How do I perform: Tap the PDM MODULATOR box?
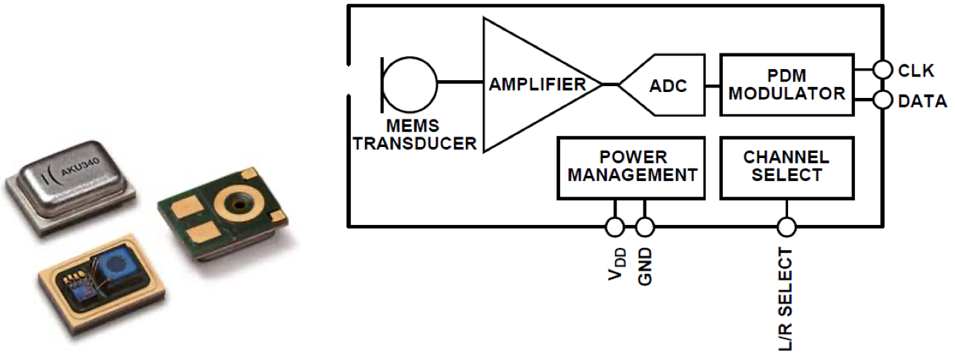pyautogui.click(x=787, y=84)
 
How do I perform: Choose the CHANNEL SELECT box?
pyautogui.click(x=787, y=167)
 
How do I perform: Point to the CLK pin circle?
pyautogui.click(x=882, y=70)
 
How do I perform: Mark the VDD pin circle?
pyautogui.click(x=614, y=226)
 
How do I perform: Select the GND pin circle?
pyautogui.click(x=645, y=226)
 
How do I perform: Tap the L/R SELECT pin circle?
pyautogui.click(x=787, y=226)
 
